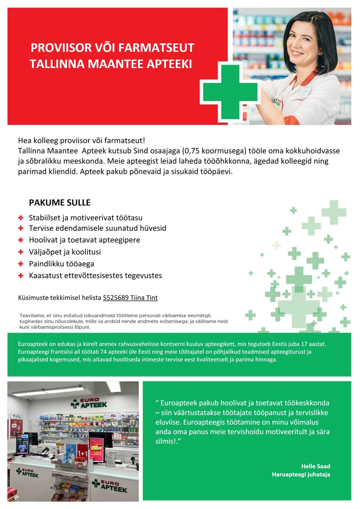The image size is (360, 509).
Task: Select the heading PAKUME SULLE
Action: (60, 203)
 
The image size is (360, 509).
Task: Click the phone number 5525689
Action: (116, 298)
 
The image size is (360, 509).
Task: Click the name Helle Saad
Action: (315, 466)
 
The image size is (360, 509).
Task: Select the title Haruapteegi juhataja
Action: (301, 475)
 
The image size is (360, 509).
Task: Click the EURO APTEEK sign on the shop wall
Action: (89, 404)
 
